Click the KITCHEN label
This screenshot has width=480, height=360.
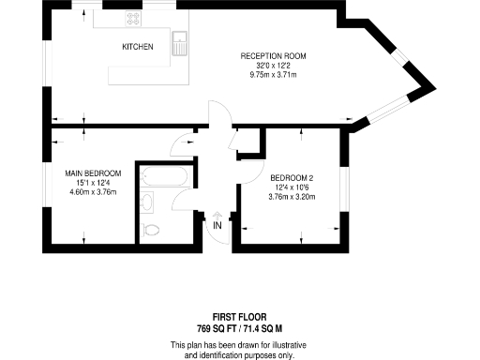[x=137, y=46]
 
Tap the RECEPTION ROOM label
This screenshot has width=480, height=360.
[x=273, y=56]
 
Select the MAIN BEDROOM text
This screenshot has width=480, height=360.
[x=93, y=173]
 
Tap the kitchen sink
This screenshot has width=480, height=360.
[x=180, y=42]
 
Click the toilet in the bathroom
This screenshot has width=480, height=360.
[x=153, y=229]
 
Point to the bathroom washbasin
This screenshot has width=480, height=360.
[x=146, y=202]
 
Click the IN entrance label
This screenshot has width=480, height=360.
[x=217, y=225]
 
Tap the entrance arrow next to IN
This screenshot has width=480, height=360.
[x=217, y=212]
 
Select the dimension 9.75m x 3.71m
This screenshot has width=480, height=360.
[x=273, y=75]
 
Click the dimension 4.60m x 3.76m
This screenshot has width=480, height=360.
[x=93, y=192]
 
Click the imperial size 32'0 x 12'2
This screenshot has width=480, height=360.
[x=273, y=66]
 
